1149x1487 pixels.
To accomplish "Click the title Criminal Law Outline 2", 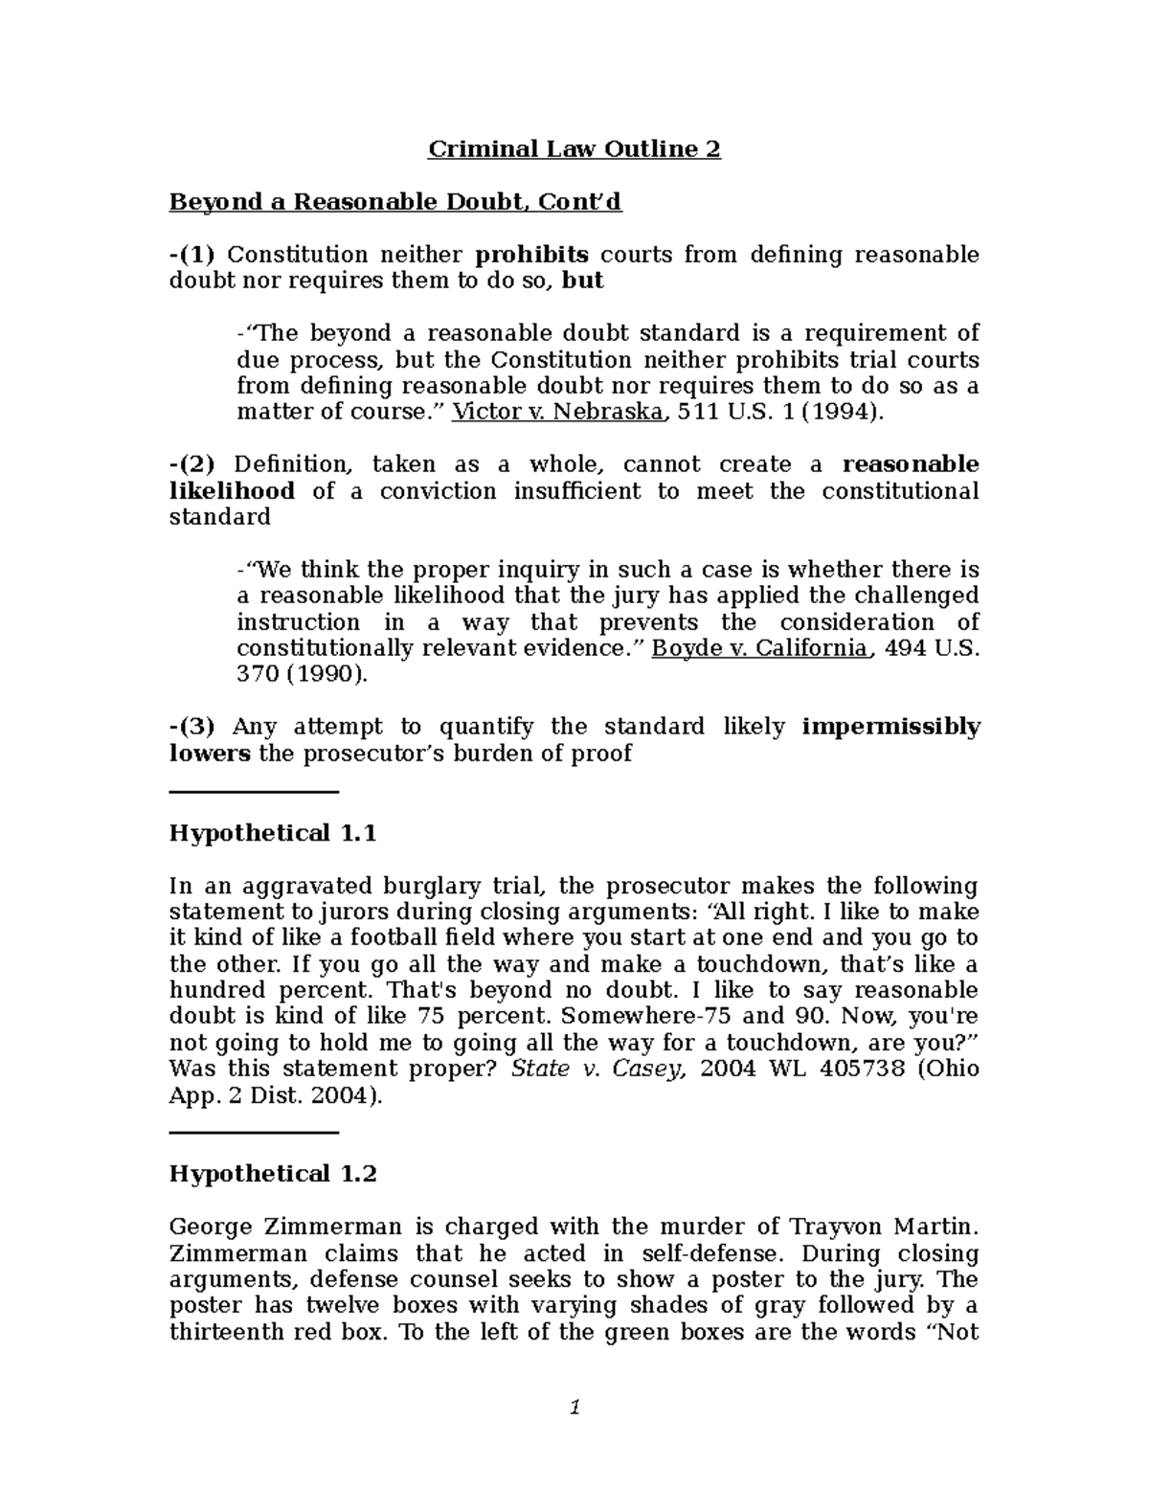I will pyautogui.click(x=574, y=149).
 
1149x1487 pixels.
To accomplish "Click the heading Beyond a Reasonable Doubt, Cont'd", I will pyautogui.click(x=395, y=202).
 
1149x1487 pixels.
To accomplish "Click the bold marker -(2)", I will pyautogui.click(x=191, y=464).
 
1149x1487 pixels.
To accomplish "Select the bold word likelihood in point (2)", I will pyautogui.click(x=232, y=491).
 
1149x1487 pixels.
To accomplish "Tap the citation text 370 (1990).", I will pyautogui.click(x=302, y=674).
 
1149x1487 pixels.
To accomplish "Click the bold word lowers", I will pyautogui.click(x=210, y=754).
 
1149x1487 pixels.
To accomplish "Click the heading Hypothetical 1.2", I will pyautogui.click(x=273, y=1174).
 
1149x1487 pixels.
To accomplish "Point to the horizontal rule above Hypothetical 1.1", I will pyautogui.click(x=254, y=792).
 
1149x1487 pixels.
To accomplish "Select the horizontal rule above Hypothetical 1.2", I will pyautogui.click(x=254, y=1133).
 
